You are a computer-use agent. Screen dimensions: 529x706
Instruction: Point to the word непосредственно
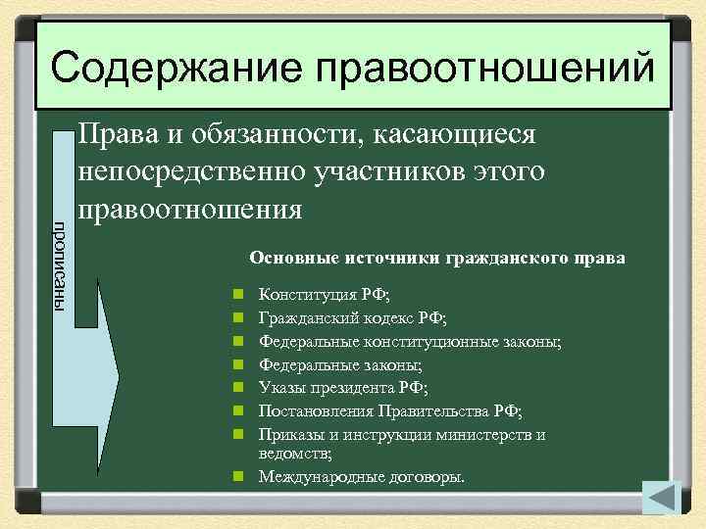point(192,172)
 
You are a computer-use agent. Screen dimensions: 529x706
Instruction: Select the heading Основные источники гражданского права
point(436,258)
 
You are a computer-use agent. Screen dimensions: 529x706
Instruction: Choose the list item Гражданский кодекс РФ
point(351,317)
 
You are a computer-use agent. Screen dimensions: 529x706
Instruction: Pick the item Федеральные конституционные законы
point(410,341)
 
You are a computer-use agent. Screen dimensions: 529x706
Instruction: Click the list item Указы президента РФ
point(343,388)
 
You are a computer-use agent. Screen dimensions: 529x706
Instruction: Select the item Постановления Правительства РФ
point(389,411)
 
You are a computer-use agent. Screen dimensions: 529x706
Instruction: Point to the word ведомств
point(293,454)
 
